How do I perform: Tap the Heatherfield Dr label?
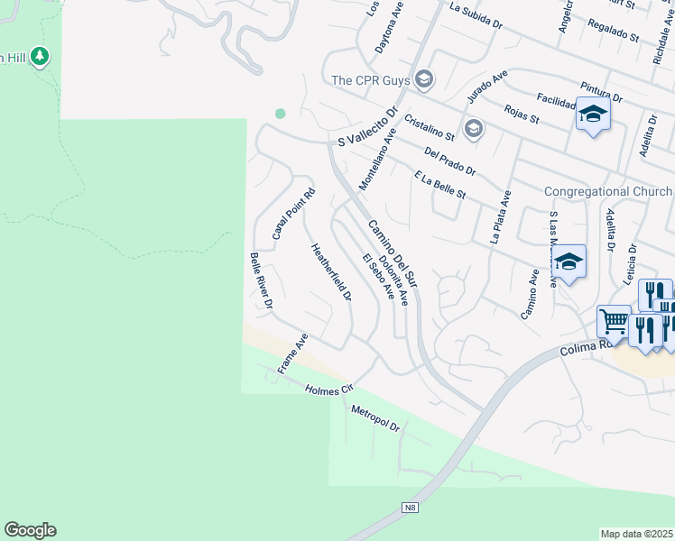(x=329, y=272)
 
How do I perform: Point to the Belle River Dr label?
(x=262, y=283)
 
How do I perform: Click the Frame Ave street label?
(x=293, y=353)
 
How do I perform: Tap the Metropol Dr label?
(x=375, y=417)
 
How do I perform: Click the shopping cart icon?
(x=613, y=320)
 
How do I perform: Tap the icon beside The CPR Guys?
(x=424, y=80)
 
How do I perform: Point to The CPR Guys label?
(x=370, y=80)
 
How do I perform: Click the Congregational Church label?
(x=607, y=191)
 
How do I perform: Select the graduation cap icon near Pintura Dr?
(x=593, y=115)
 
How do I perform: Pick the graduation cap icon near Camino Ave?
(x=569, y=262)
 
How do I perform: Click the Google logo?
(x=30, y=530)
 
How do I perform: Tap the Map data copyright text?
(x=636, y=534)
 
